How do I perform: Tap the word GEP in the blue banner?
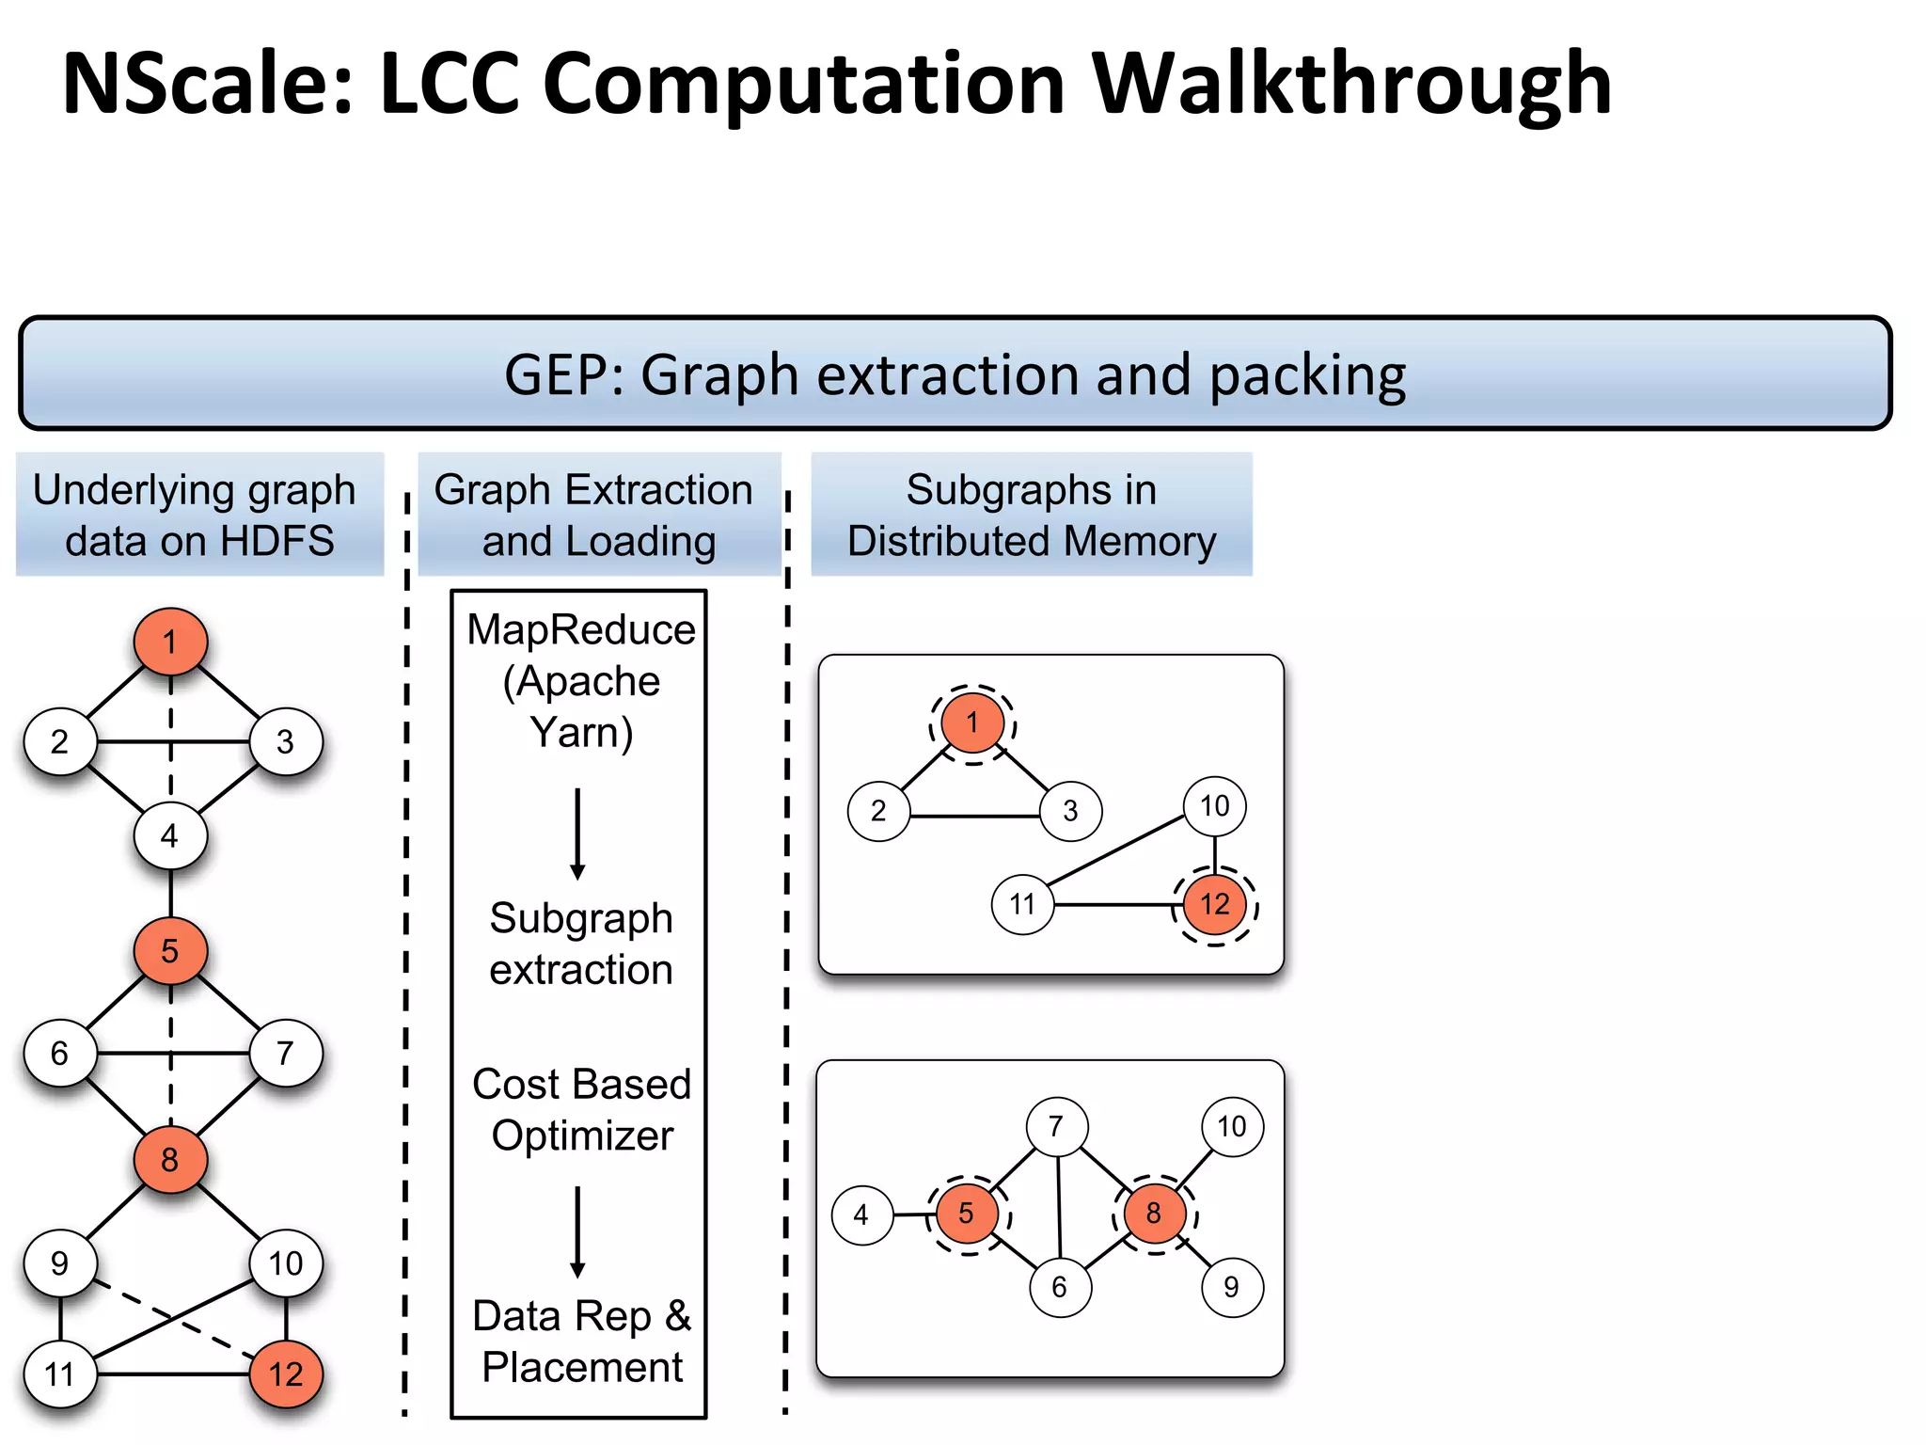(x=556, y=375)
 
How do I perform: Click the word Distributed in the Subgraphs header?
(x=948, y=541)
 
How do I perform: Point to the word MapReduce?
(x=581, y=629)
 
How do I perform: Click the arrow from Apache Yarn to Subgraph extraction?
(x=577, y=834)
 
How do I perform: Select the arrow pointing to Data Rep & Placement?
(x=577, y=1231)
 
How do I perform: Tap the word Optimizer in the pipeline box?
(x=582, y=1135)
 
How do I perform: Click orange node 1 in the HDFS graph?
(x=170, y=642)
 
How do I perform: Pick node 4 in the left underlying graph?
(x=170, y=835)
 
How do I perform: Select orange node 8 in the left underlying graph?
(x=170, y=1159)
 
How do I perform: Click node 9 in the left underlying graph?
(x=60, y=1262)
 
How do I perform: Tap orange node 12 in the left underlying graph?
(x=286, y=1374)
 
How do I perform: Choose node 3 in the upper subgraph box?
(x=1070, y=810)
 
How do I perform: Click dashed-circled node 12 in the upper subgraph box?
(x=1214, y=904)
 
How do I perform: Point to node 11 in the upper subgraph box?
(x=1022, y=904)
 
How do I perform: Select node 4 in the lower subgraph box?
(x=861, y=1215)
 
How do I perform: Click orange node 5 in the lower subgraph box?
(x=967, y=1214)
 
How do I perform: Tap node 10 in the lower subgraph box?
(x=1232, y=1126)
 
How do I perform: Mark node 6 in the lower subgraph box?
(x=1060, y=1287)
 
